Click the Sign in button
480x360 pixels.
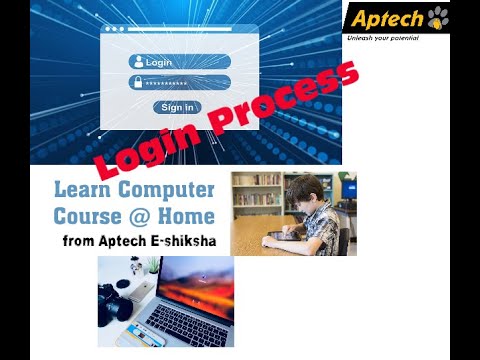(177, 107)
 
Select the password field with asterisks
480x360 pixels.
(186, 82)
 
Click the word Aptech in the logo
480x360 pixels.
(384, 18)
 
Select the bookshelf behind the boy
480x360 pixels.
(257, 194)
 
